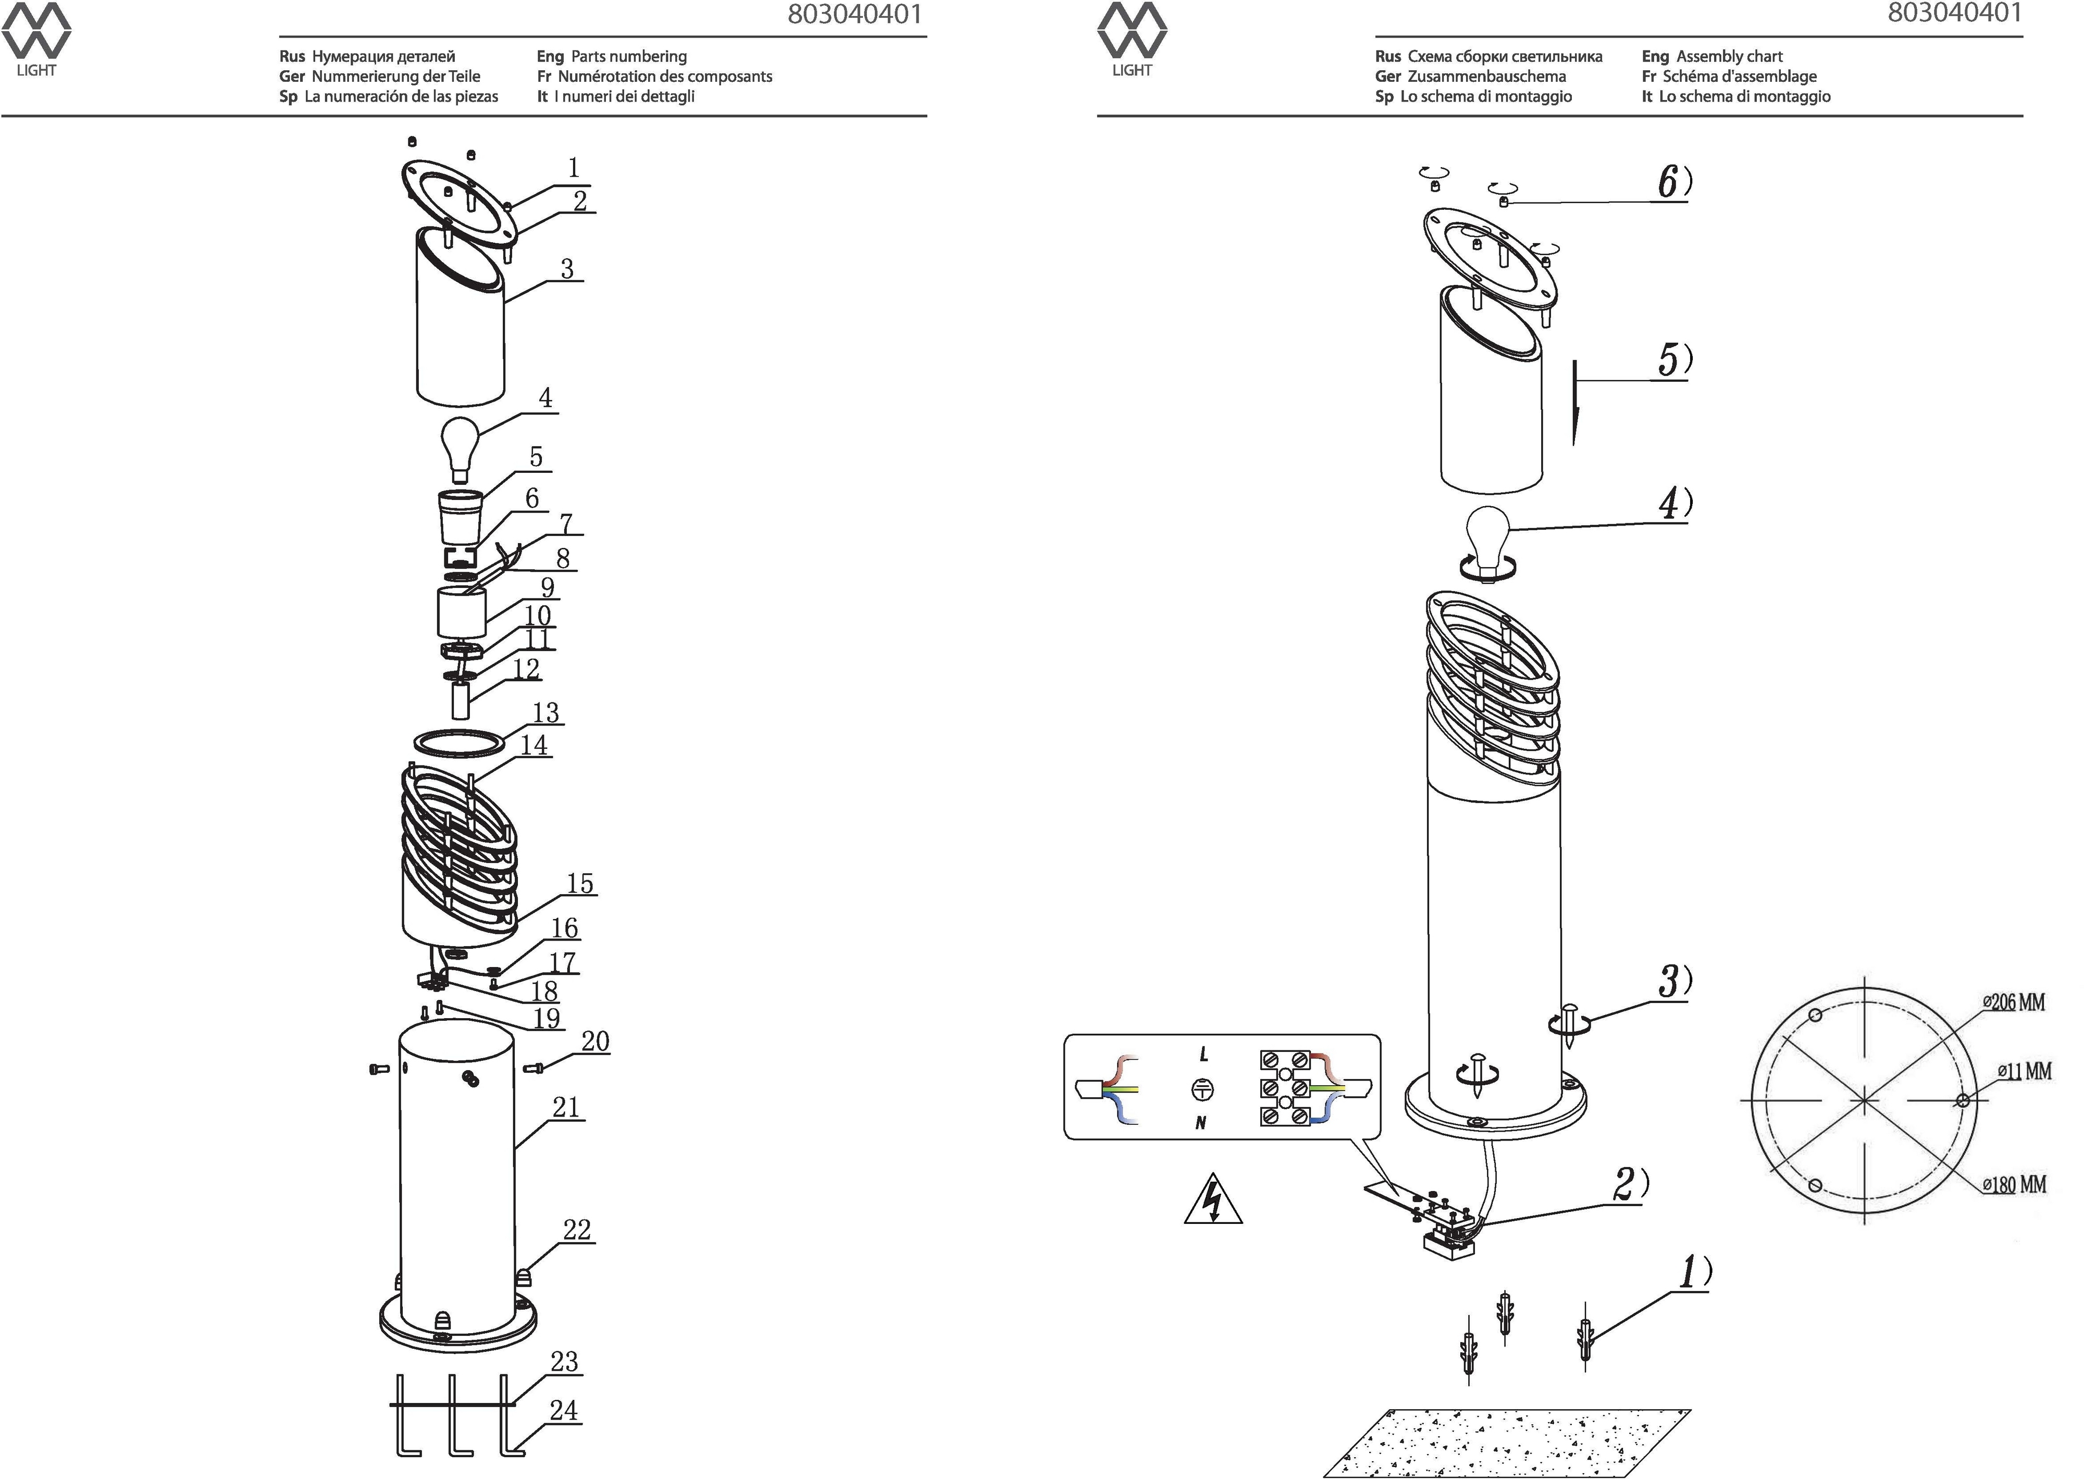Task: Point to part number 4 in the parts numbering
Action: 544,398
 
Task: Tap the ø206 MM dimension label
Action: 2014,1002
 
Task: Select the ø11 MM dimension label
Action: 2024,1071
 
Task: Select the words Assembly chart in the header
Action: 1729,56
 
